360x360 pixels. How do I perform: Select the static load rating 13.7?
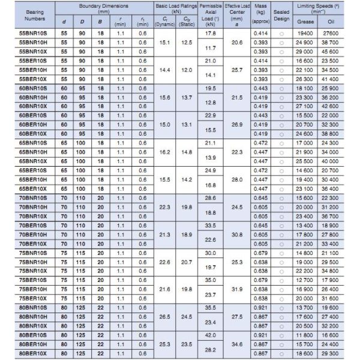(x=187, y=97)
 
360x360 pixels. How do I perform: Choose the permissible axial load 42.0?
(x=211, y=335)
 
